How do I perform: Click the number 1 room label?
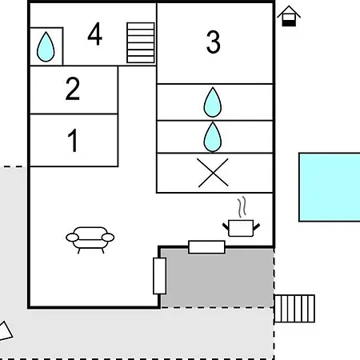(73, 140)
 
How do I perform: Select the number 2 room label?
(73, 89)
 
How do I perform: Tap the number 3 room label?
(214, 42)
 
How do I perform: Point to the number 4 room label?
(94, 34)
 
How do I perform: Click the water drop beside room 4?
(46, 47)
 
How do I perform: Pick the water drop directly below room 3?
(213, 102)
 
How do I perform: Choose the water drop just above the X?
(213, 137)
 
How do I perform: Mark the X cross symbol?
(213, 173)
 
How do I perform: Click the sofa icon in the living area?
(90, 240)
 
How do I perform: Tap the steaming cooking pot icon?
(241, 228)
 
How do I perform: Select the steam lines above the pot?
(242, 207)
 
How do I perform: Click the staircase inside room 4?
(141, 43)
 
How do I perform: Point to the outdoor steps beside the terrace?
(294, 309)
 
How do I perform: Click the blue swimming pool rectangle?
(330, 187)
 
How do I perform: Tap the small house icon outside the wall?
(289, 16)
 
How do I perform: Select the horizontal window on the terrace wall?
(206, 247)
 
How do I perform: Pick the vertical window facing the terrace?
(160, 276)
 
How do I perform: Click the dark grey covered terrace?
(217, 278)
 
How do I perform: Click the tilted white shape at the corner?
(5, 331)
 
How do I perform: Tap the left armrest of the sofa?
(72, 238)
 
